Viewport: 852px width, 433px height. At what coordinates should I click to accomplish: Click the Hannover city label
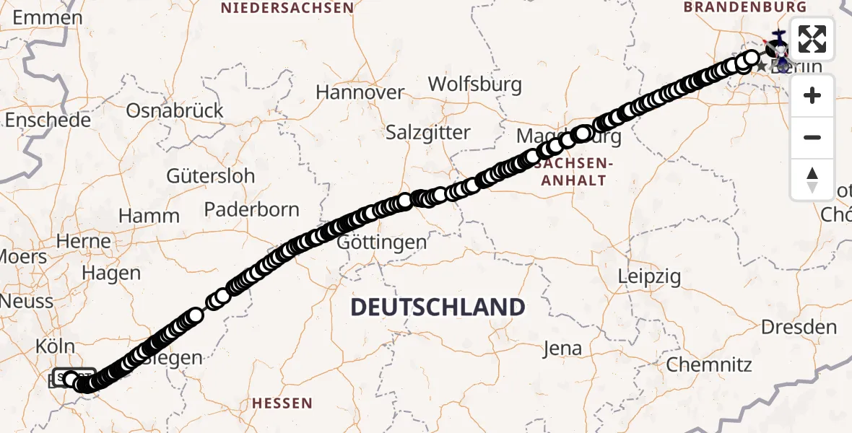pyautogui.click(x=360, y=92)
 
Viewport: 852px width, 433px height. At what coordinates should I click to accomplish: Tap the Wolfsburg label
pyautogui.click(x=474, y=84)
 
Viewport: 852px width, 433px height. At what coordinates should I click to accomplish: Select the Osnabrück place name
pyautogui.click(x=175, y=110)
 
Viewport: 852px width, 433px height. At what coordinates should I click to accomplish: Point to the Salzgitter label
pyautogui.click(x=427, y=133)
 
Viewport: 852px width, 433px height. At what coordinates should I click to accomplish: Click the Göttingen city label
pyautogui.click(x=383, y=242)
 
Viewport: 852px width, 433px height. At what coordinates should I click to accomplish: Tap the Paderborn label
pyautogui.click(x=251, y=209)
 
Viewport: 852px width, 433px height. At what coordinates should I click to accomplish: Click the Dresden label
pyautogui.click(x=799, y=327)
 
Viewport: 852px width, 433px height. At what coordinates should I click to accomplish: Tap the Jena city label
pyautogui.click(x=562, y=349)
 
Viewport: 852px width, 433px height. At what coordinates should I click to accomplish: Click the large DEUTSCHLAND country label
pyautogui.click(x=438, y=307)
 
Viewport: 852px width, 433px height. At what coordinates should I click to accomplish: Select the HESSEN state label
pyautogui.click(x=282, y=403)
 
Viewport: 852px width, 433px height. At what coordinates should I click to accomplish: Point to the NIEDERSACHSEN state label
pyautogui.click(x=287, y=8)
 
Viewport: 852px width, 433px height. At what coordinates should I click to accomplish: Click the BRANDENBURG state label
pyautogui.click(x=745, y=7)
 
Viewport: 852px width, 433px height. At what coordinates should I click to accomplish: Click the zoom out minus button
pyautogui.click(x=812, y=137)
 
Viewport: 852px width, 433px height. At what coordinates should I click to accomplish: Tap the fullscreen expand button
pyautogui.click(x=812, y=39)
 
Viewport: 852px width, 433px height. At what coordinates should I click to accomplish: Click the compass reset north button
pyautogui.click(x=812, y=179)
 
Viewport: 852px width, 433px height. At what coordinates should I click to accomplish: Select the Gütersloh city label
pyautogui.click(x=210, y=175)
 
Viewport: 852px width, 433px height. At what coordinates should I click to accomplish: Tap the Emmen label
pyautogui.click(x=48, y=17)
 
